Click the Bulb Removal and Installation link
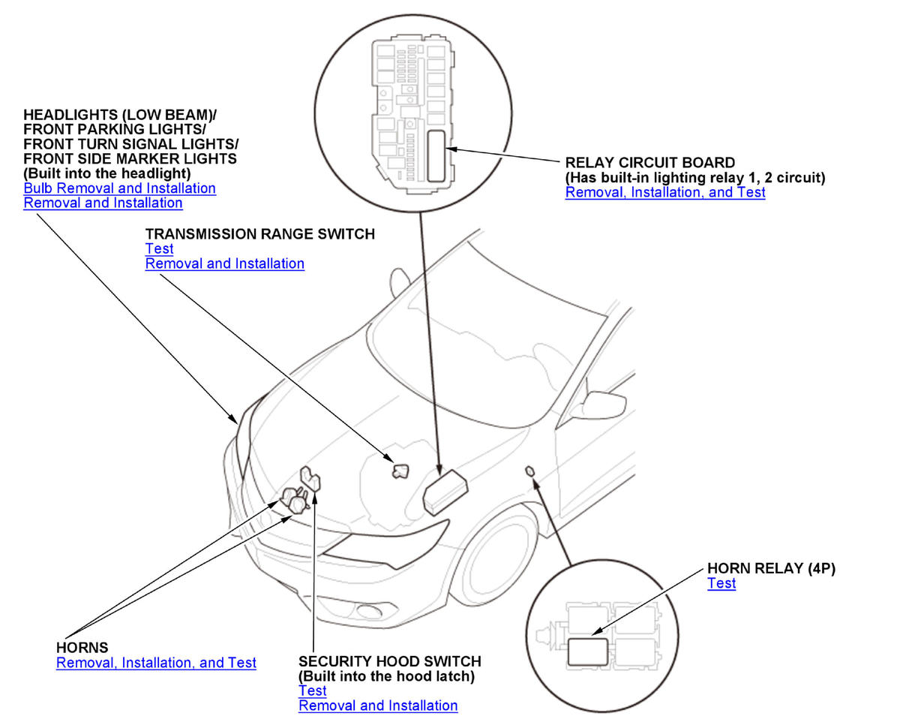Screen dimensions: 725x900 [120, 188]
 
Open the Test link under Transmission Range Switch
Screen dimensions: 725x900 [159, 248]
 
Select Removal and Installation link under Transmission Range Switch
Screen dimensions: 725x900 [224, 263]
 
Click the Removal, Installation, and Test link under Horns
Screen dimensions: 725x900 [156, 663]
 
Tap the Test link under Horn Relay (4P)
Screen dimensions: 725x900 [721, 583]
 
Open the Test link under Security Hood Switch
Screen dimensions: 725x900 [312, 690]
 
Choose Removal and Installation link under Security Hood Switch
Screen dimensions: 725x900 [378, 705]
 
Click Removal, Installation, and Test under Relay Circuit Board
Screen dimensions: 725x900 [665, 192]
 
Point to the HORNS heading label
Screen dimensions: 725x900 [82, 647]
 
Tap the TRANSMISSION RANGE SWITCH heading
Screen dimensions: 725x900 [259, 234]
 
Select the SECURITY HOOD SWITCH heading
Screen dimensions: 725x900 [390, 661]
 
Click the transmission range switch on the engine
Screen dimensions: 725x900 [401, 471]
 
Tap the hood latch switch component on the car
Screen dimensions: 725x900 [309, 478]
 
